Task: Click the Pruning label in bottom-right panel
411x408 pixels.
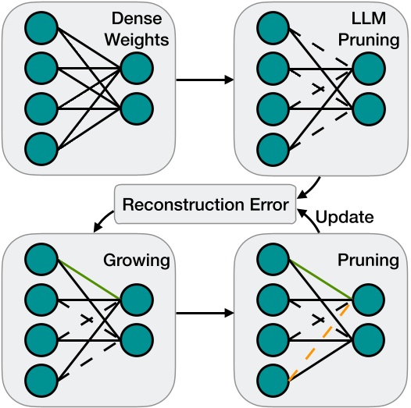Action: click(366, 261)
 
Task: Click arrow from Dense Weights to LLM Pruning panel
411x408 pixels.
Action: click(205, 79)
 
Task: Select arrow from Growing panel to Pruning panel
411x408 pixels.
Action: click(205, 313)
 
